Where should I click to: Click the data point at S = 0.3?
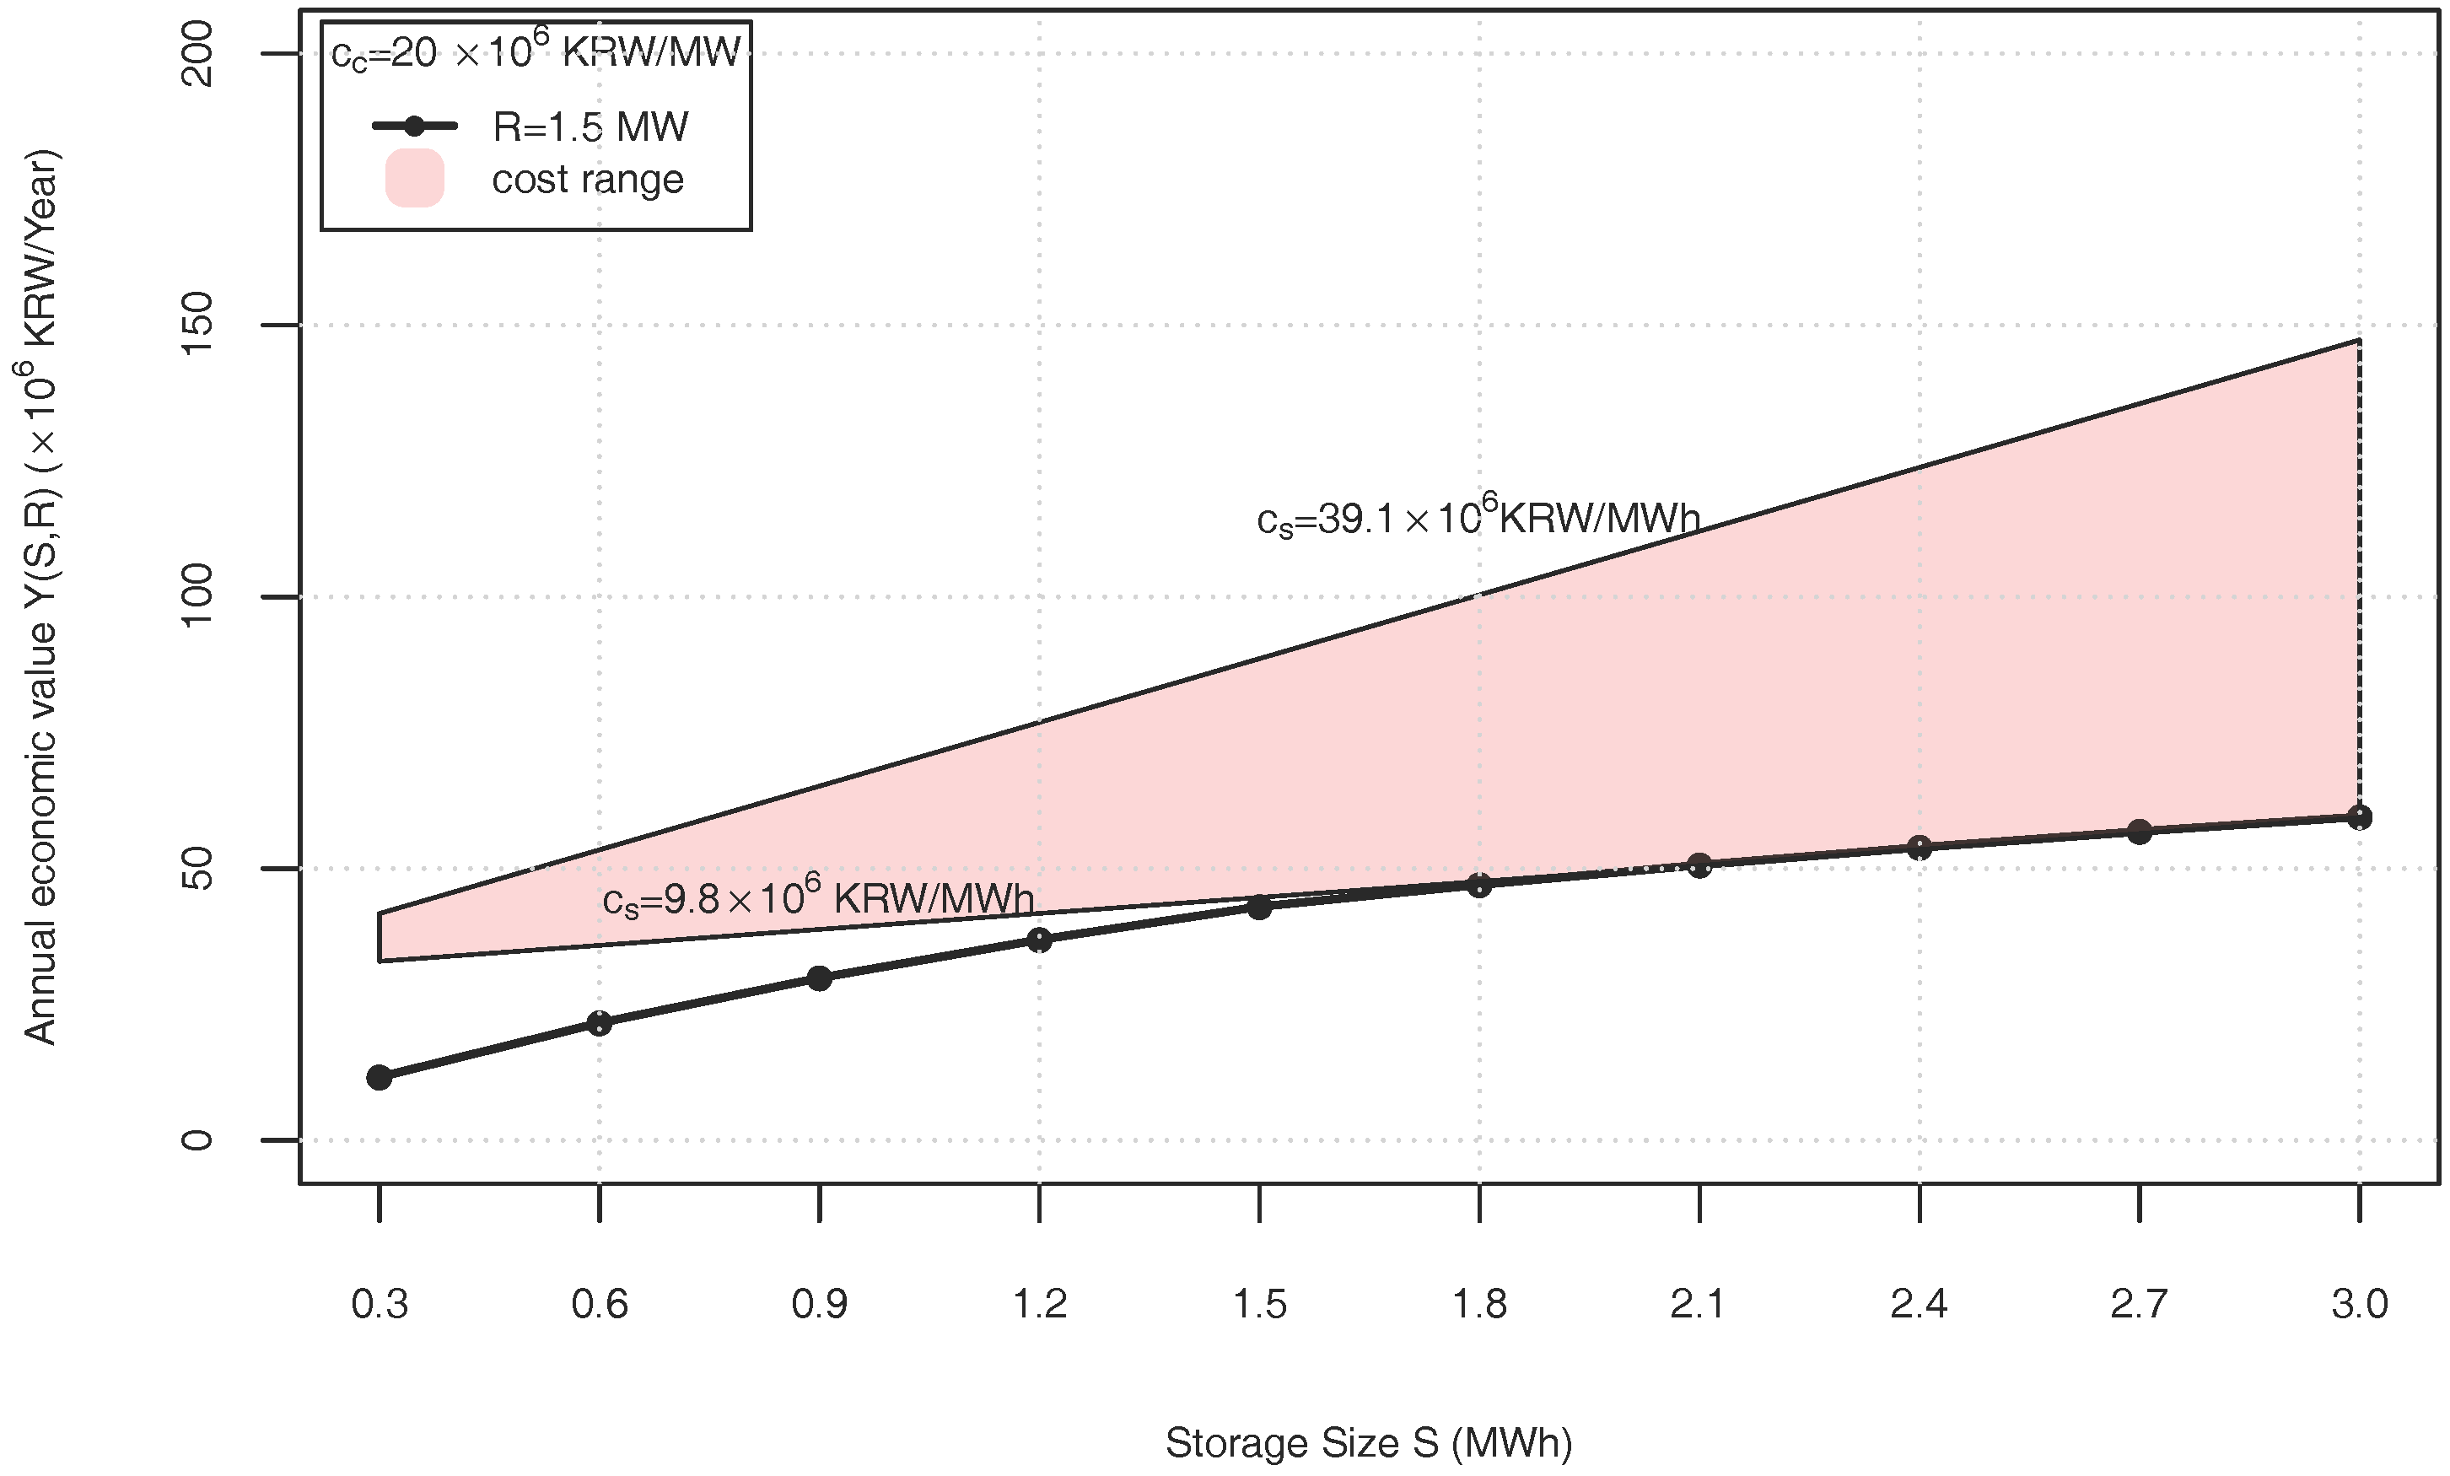[379, 1077]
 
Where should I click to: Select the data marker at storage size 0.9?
[819, 978]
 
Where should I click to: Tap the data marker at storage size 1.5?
[1260, 907]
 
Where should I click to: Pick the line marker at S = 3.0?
[2360, 817]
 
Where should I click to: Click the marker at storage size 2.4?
[1919, 848]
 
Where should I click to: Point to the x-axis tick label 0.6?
[600, 1304]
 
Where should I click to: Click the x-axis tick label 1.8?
[1479, 1304]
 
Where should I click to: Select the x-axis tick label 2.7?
[2139, 1304]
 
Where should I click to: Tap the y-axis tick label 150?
[198, 326]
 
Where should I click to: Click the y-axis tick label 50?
[198, 868]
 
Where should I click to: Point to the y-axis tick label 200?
[198, 54]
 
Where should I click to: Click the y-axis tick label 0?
[198, 1139]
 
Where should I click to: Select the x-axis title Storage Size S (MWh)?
[1368, 1443]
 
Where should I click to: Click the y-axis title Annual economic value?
[42, 597]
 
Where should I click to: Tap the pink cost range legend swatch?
[415, 179]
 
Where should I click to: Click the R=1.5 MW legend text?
[590, 127]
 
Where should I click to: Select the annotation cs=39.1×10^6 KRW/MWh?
[1478, 517]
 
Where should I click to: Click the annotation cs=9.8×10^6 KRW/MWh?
[818, 897]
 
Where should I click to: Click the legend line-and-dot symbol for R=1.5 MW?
[415, 127]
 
